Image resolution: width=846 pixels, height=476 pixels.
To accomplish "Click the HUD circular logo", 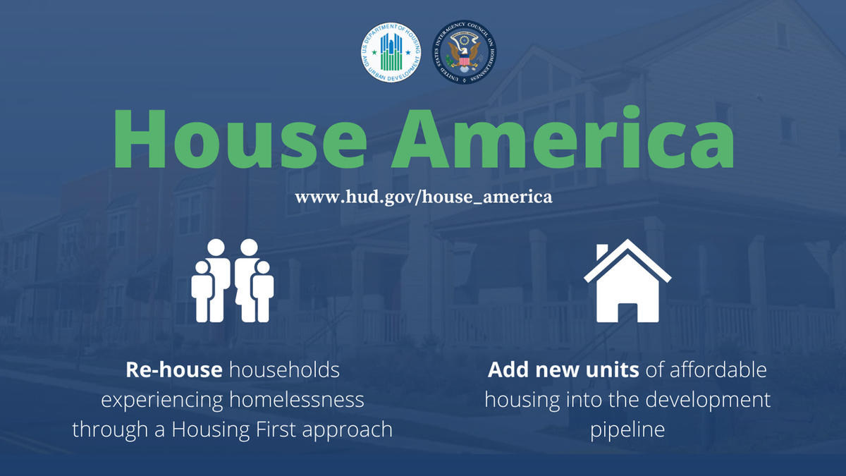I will (391, 52).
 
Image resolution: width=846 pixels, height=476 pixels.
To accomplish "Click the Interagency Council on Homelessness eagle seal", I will (465, 52).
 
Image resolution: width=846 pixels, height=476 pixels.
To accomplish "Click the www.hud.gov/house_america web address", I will (423, 197).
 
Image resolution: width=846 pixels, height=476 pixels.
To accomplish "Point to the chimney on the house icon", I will (603, 252).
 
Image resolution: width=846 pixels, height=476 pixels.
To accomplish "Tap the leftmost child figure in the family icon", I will (202, 293).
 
